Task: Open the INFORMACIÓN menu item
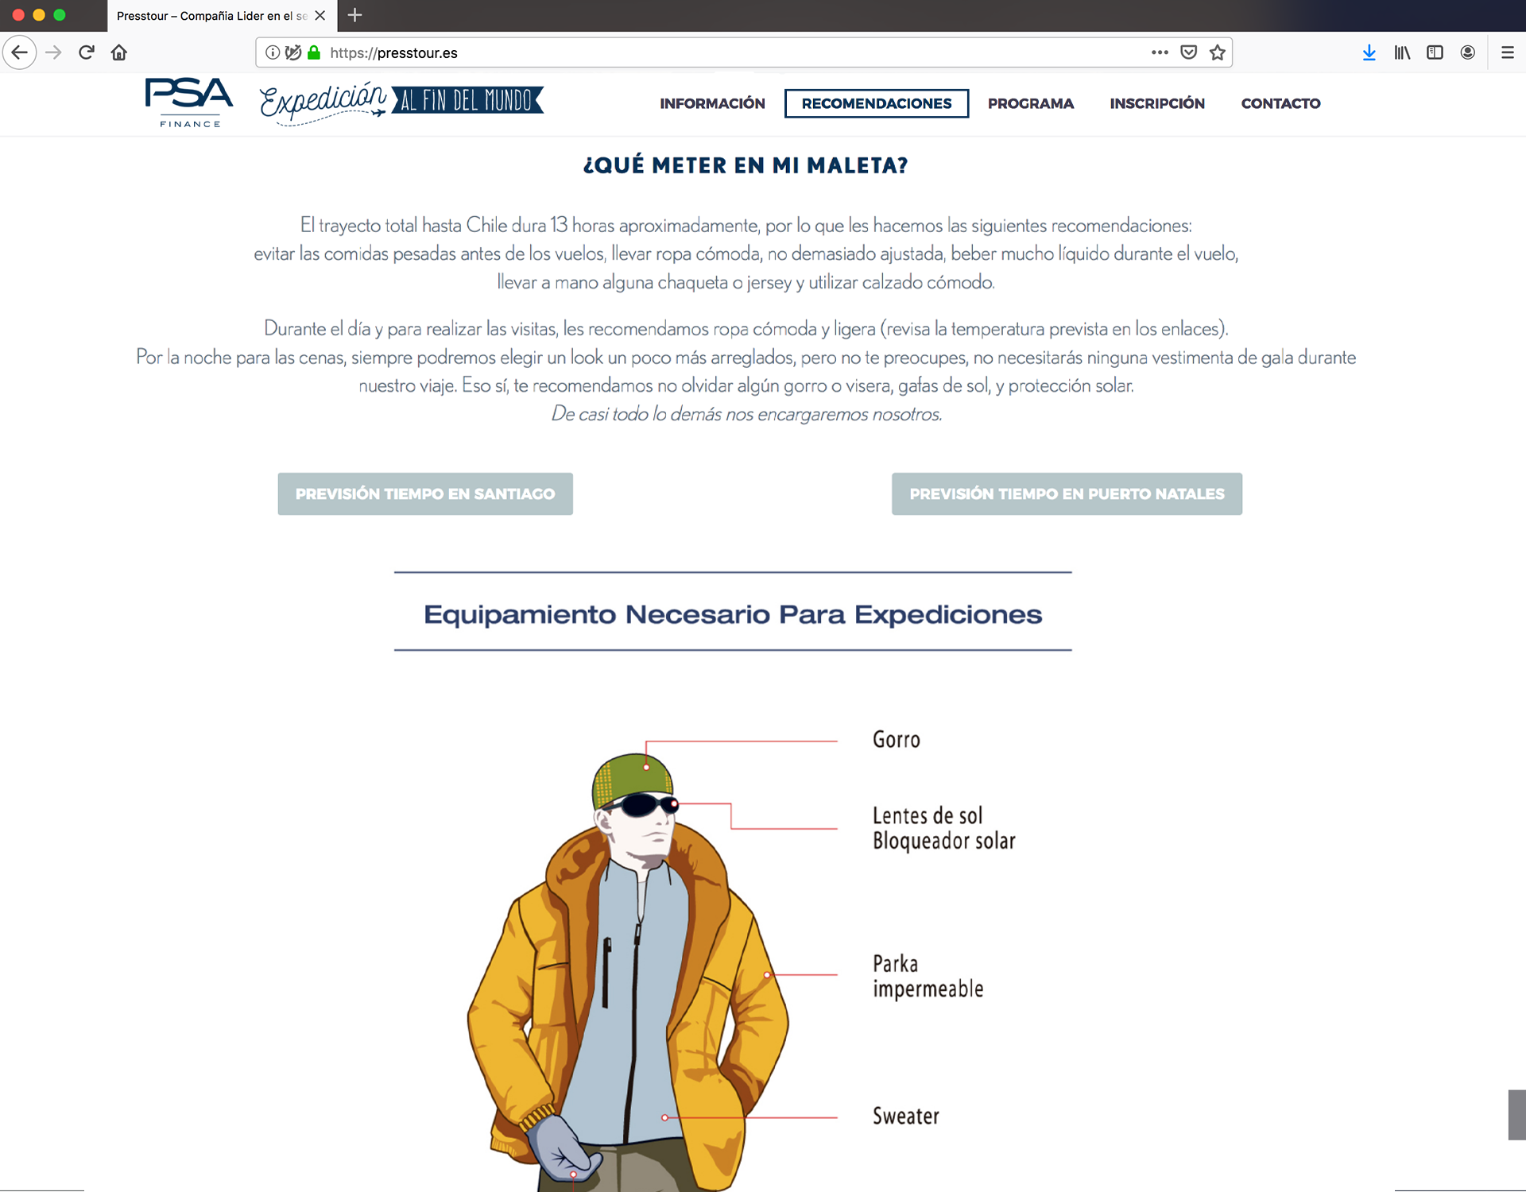712,103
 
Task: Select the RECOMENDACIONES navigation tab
876,103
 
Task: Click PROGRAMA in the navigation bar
1030,103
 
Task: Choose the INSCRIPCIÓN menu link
1156,103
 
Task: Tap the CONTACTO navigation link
1280,103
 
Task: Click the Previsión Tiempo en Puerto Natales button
1067,493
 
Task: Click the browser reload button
87,52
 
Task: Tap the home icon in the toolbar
119,52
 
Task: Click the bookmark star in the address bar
1217,52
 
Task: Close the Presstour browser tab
320,15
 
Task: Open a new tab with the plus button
355,15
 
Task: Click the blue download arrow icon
1369,52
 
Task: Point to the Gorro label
896,740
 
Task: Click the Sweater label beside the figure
905,1117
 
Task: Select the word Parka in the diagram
895,964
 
